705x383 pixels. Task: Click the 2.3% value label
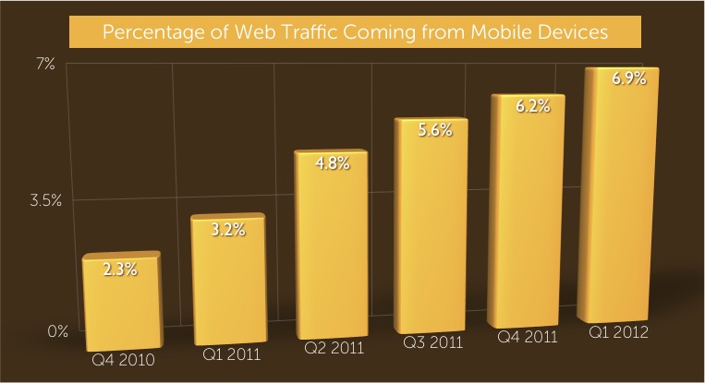[x=121, y=269]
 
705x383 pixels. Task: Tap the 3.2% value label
[x=228, y=230]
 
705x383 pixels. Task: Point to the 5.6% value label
[x=432, y=131]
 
